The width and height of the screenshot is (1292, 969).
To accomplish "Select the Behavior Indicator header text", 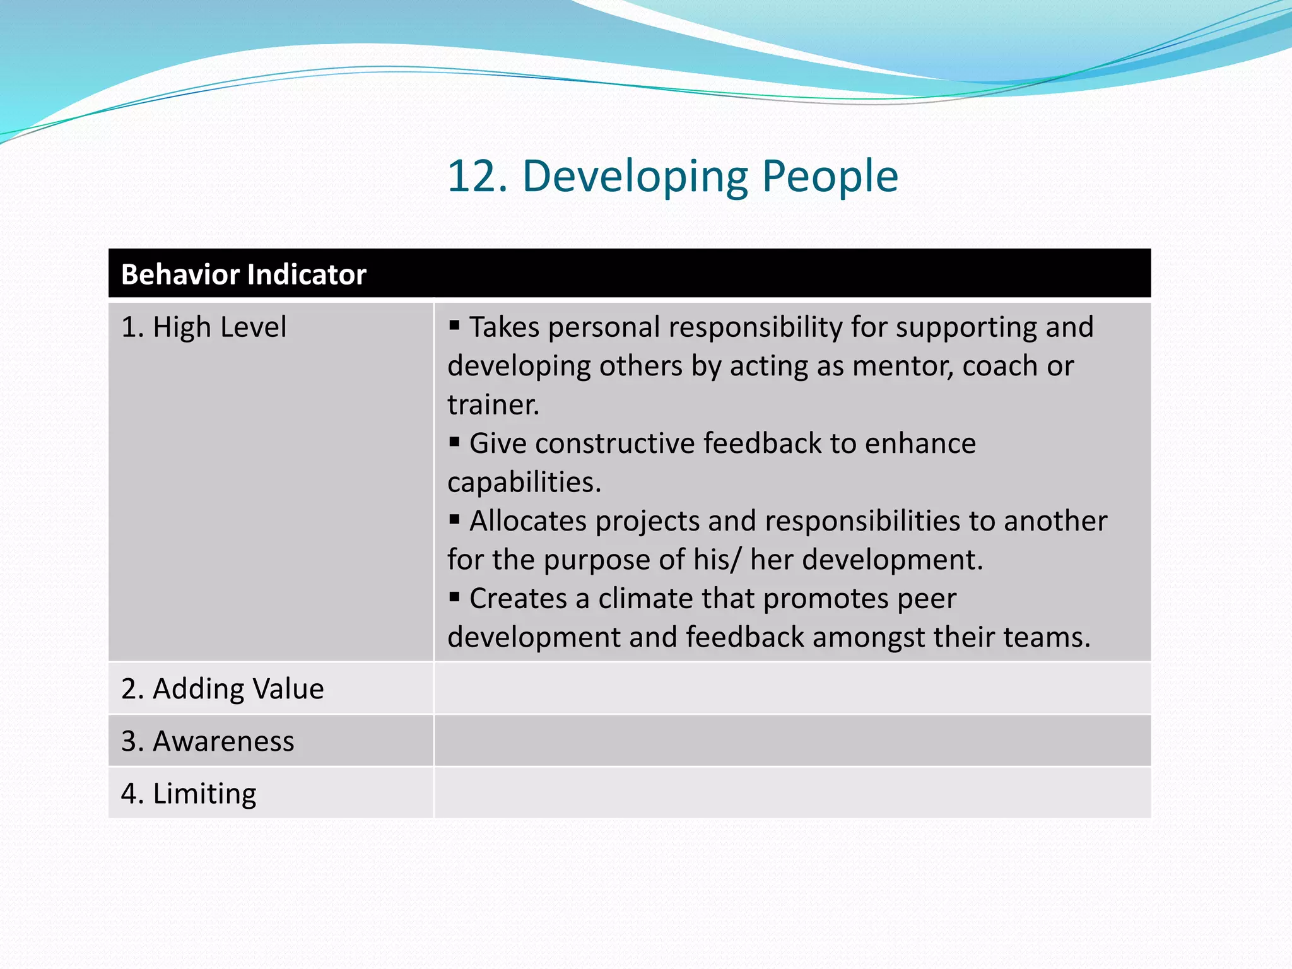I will click(x=244, y=274).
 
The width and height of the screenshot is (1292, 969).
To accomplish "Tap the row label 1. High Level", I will click(x=203, y=327).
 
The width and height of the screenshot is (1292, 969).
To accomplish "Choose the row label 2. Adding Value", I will click(x=222, y=688).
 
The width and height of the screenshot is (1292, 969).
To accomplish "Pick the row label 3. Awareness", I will click(x=208, y=741).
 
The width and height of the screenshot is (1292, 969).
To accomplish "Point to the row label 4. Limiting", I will click(x=189, y=793).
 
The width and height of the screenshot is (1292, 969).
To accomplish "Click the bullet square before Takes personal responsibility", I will click(x=454, y=326).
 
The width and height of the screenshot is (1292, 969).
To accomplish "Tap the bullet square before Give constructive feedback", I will click(x=454, y=442).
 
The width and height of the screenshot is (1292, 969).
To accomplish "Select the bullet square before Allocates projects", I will click(x=454, y=519).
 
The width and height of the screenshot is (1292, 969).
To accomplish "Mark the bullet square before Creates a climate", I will click(x=454, y=597).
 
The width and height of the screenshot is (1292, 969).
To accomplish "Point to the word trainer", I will click(x=493, y=405).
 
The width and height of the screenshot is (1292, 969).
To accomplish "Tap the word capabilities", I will click(x=524, y=482).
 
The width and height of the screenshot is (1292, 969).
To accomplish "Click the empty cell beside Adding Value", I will click(x=792, y=688).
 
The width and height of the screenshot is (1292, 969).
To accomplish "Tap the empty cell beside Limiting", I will click(x=792, y=793).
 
